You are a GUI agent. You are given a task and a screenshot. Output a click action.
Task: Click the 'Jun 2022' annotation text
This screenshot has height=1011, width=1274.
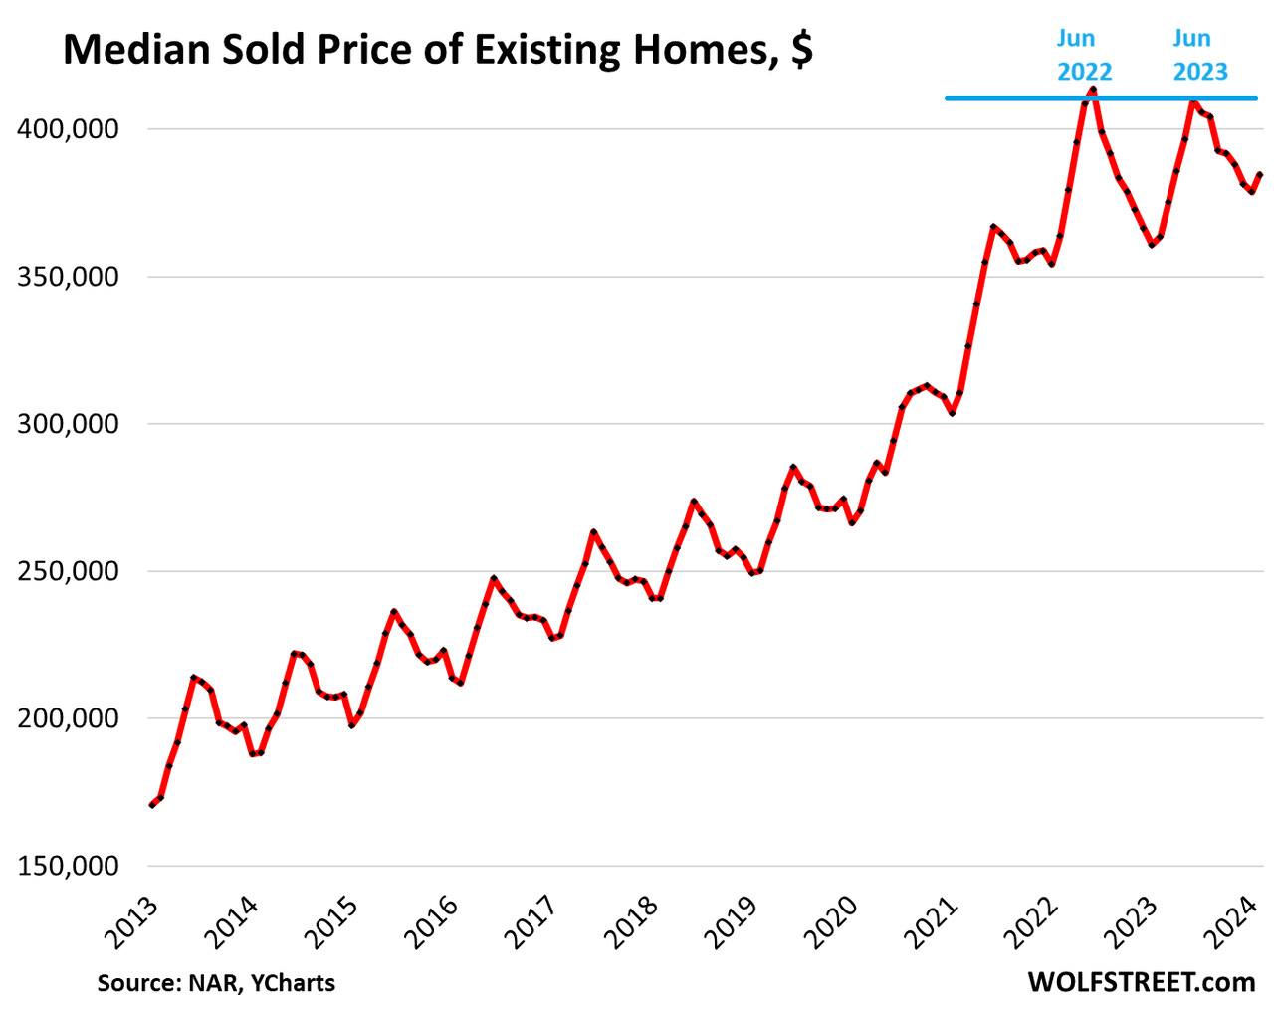click(1083, 55)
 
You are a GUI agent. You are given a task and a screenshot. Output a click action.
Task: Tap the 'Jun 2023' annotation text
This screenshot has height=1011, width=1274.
click(1198, 55)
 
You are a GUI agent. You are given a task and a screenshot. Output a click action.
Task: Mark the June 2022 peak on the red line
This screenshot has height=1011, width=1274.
click(1093, 90)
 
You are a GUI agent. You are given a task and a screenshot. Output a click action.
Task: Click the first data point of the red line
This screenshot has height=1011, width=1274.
click(152, 804)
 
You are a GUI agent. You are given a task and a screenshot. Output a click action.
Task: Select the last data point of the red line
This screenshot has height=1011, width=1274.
click(1260, 175)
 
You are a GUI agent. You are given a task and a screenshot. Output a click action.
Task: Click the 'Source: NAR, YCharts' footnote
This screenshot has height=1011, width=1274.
click(216, 983)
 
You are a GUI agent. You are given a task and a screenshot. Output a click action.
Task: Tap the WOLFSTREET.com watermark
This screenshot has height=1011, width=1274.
click(1141, 982)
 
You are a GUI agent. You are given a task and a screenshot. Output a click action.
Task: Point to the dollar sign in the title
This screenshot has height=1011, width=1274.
click(801, 50)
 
